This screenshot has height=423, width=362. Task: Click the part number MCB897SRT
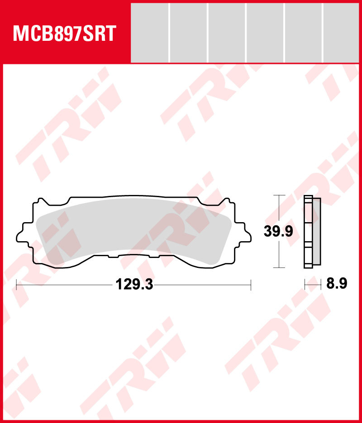[x=65, y=34]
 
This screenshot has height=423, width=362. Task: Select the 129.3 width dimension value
[x=134, y=285]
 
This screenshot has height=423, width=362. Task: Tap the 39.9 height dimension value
[x=278, y=232]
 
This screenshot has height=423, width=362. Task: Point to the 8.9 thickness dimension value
[x=337, y=283]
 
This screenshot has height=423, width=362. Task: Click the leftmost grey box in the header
[x=149, y=33]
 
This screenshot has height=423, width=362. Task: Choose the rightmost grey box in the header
[x=341, y=33]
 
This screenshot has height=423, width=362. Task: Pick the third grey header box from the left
[x=227, y=33]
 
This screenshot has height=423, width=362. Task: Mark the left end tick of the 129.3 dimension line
[x=16, y=285]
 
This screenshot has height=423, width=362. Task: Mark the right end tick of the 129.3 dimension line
[x=251, y=285]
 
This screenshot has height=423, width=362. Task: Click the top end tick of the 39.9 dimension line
[x=279, y=195]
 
